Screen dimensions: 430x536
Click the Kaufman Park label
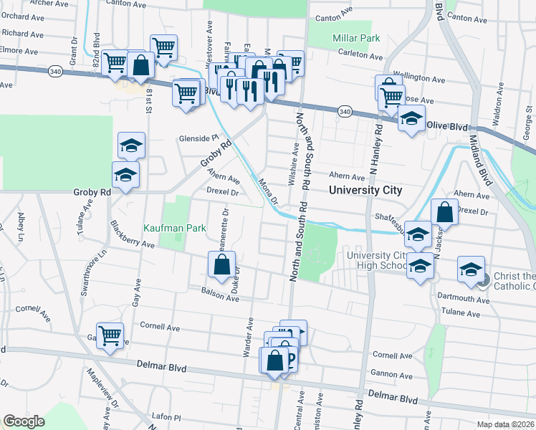(175, 227)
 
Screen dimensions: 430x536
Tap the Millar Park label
(353, 37)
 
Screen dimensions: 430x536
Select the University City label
(365, 191)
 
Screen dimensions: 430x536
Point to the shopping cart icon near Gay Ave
(110, 335)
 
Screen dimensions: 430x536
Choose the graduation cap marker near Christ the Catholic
(470, 269)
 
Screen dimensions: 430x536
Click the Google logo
(24, 421)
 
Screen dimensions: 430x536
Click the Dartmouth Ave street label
(466, 300)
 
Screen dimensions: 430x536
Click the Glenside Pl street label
(198, 138)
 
